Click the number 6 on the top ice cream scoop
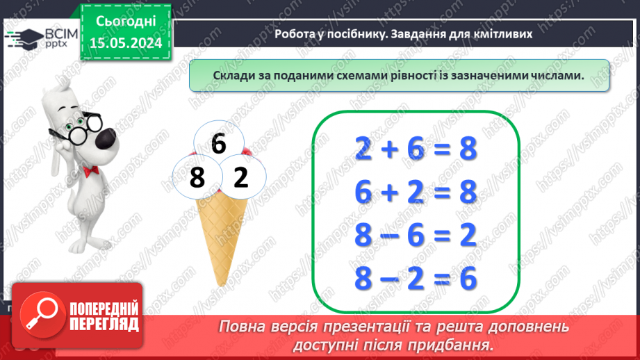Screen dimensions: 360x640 tap(218, 144)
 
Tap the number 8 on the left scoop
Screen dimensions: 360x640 tap(197, 179)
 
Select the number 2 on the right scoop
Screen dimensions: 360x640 tap(240, 179)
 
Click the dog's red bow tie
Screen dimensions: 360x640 tap(88, 171)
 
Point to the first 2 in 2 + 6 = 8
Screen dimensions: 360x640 tap(363, 149)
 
